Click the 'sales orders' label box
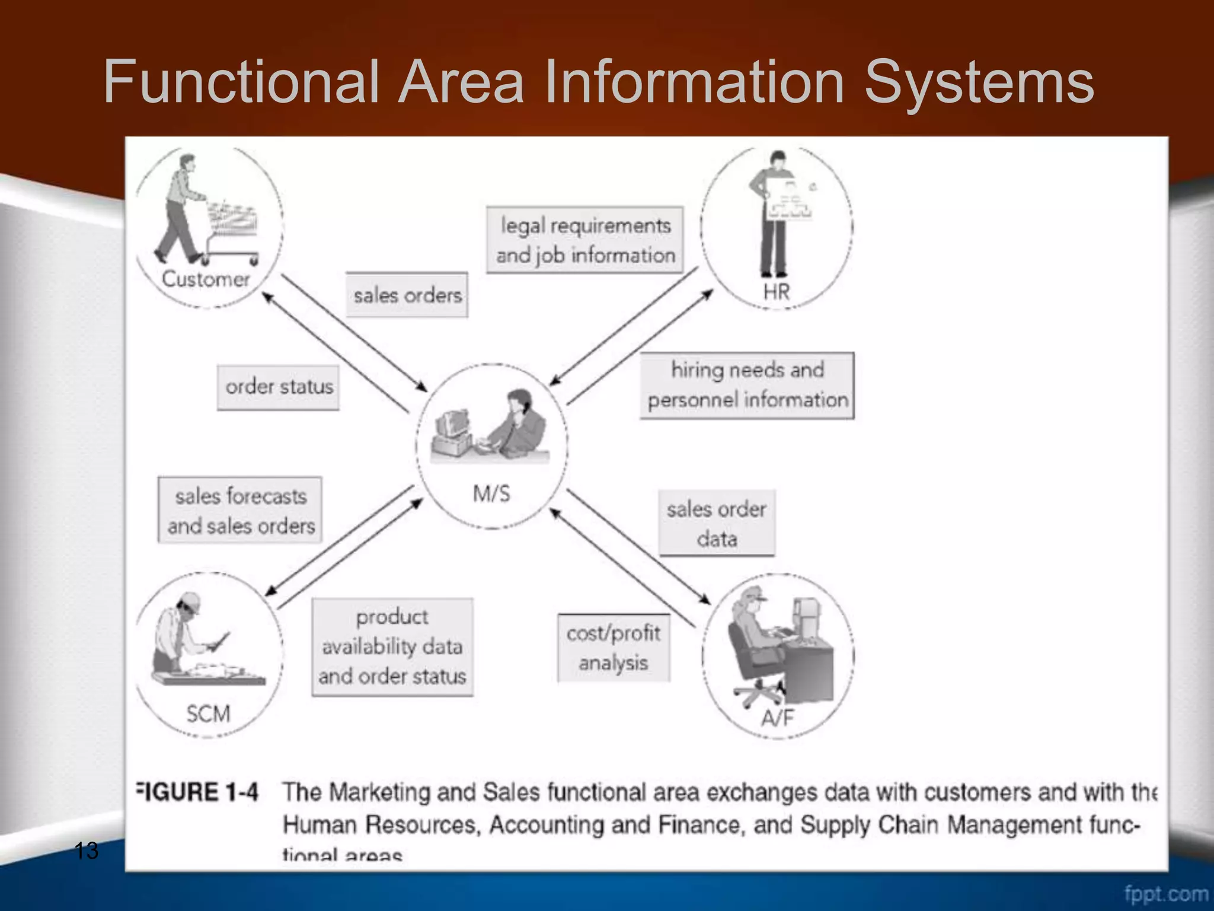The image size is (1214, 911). tap(407, 295)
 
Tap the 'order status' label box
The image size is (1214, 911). tap(279, 387)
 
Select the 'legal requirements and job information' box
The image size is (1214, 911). tap(585, 240)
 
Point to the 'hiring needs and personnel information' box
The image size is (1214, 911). tap(747, 386)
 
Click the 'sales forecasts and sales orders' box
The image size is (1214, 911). tap(240, 511)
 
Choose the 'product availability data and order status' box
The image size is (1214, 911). tap(392, 647)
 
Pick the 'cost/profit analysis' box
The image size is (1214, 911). tap(614, 648)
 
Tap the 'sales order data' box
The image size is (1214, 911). tap(717, 524)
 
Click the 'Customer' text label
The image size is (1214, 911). tap(206, 279)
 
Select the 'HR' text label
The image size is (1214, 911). tap(777, 292)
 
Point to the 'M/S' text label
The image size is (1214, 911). tap(491, 493)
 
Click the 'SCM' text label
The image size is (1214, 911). tap(208, 713)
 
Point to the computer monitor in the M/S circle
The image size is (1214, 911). tap(453, 424)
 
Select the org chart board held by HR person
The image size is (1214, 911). tap(789, 199)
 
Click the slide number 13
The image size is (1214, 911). tap(87, 851)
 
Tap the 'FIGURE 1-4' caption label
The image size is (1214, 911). tap(198, 792)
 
